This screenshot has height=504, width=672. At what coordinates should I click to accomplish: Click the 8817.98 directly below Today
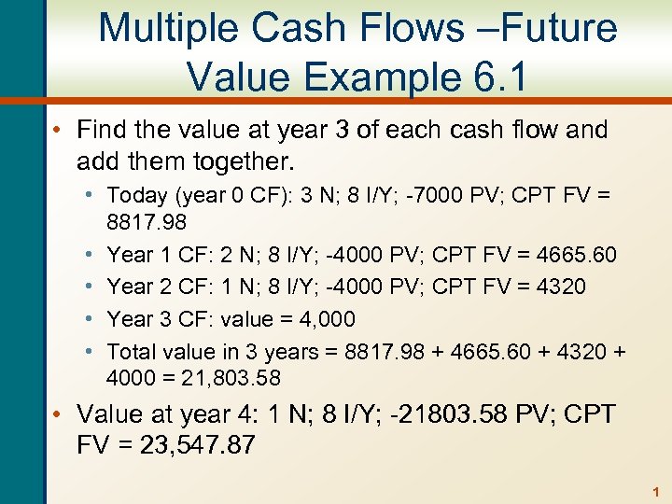pos(147,222)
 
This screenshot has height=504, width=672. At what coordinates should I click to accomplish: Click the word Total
pos(133,351)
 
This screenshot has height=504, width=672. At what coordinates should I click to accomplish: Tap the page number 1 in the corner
pos(656,491)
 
